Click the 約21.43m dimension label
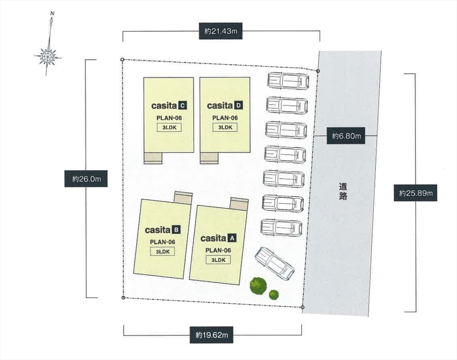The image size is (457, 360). point(220,31)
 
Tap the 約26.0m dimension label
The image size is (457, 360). point(86,179)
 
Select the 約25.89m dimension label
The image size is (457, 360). point(415,193)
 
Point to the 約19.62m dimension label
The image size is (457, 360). point(211,335)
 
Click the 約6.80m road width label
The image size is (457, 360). point(346,136)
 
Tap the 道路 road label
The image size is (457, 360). point(343,191)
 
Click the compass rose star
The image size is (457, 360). point(47,56)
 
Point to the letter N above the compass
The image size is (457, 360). point(52,13)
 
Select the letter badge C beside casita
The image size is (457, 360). point(183,105)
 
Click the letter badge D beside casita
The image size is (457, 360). point(238,105)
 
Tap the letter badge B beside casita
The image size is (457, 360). point(176,230)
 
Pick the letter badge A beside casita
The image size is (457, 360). point(232,239)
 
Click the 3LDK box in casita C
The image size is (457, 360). point(169,127)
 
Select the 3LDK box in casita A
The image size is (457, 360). point(218,260)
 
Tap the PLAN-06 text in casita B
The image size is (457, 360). point(162,242)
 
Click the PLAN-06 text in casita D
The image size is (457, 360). point(225,118)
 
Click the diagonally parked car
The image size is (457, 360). point(274,264)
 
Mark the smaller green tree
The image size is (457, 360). point(274,295)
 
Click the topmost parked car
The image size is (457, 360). point(288,81)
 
